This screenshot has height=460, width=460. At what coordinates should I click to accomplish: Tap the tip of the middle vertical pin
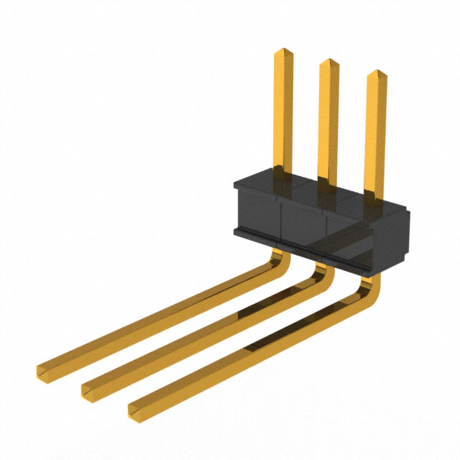point(328,64)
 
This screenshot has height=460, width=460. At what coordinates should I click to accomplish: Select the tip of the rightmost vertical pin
point(376,75)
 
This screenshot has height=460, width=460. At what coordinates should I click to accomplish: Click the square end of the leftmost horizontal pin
point(43,371)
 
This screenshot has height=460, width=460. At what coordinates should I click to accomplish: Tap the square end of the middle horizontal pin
point(88,390)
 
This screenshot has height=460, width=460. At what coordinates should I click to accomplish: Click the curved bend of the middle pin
point(321,272)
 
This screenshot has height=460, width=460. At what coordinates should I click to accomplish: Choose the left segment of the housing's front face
point(257,216)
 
